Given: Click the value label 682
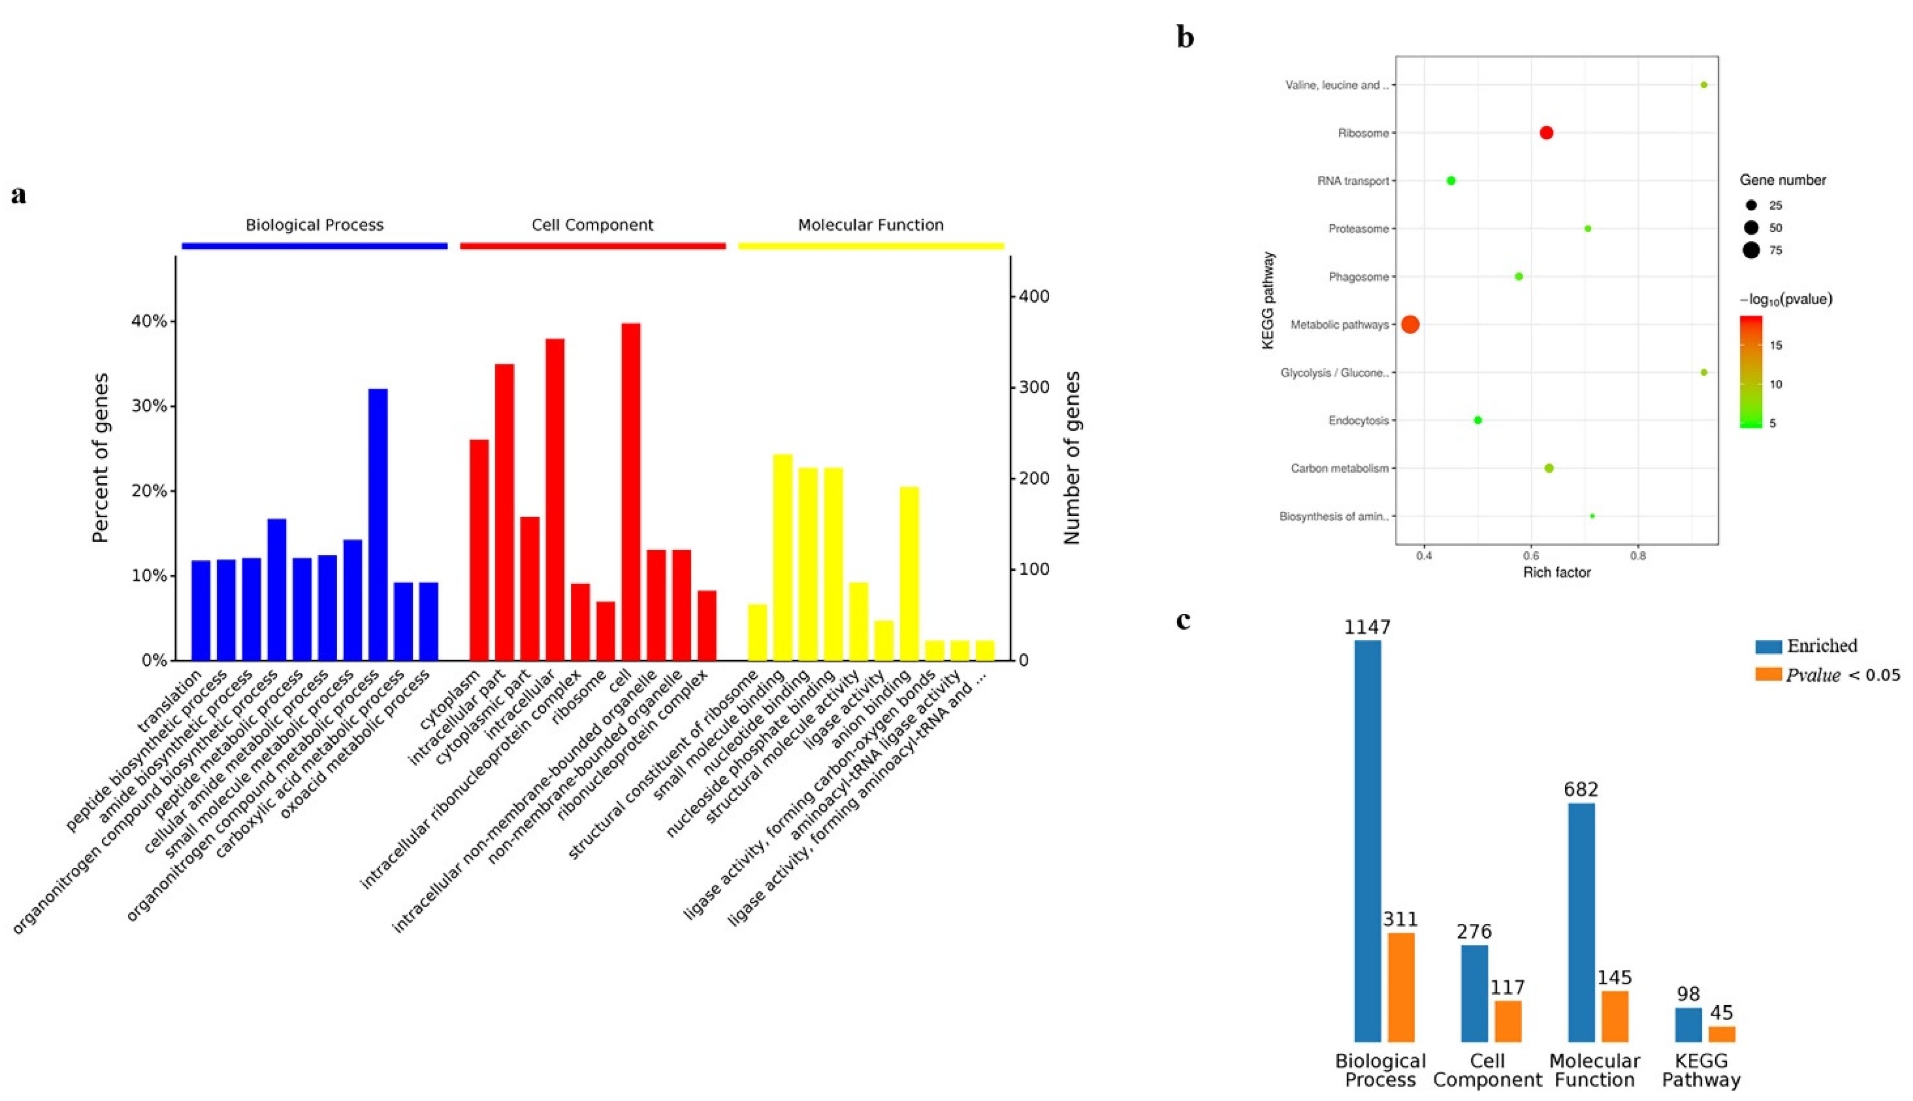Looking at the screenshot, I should [x=1581, y=789].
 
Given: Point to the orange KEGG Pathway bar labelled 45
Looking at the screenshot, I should [x=1722, y=1033].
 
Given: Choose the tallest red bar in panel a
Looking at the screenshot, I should [x=631, y=491].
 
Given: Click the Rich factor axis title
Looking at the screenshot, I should [x=1557, y=572].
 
